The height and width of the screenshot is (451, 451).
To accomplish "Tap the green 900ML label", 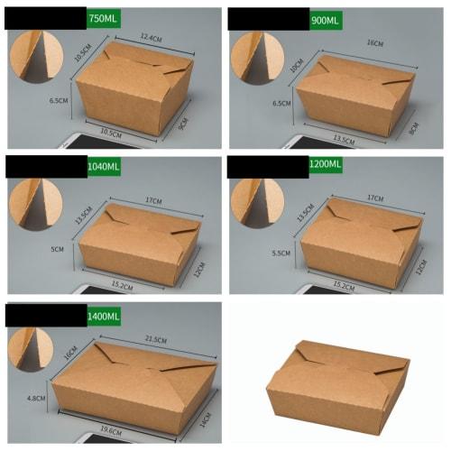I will [x=325, y=17].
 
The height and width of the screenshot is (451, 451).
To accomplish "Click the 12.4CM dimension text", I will [x=150, y=37].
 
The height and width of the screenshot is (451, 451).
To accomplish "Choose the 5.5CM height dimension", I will [x=281, y=253].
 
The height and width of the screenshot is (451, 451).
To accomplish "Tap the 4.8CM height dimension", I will [x=35, y=397].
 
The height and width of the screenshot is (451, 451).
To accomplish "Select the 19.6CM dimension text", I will [x=112, y=430].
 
